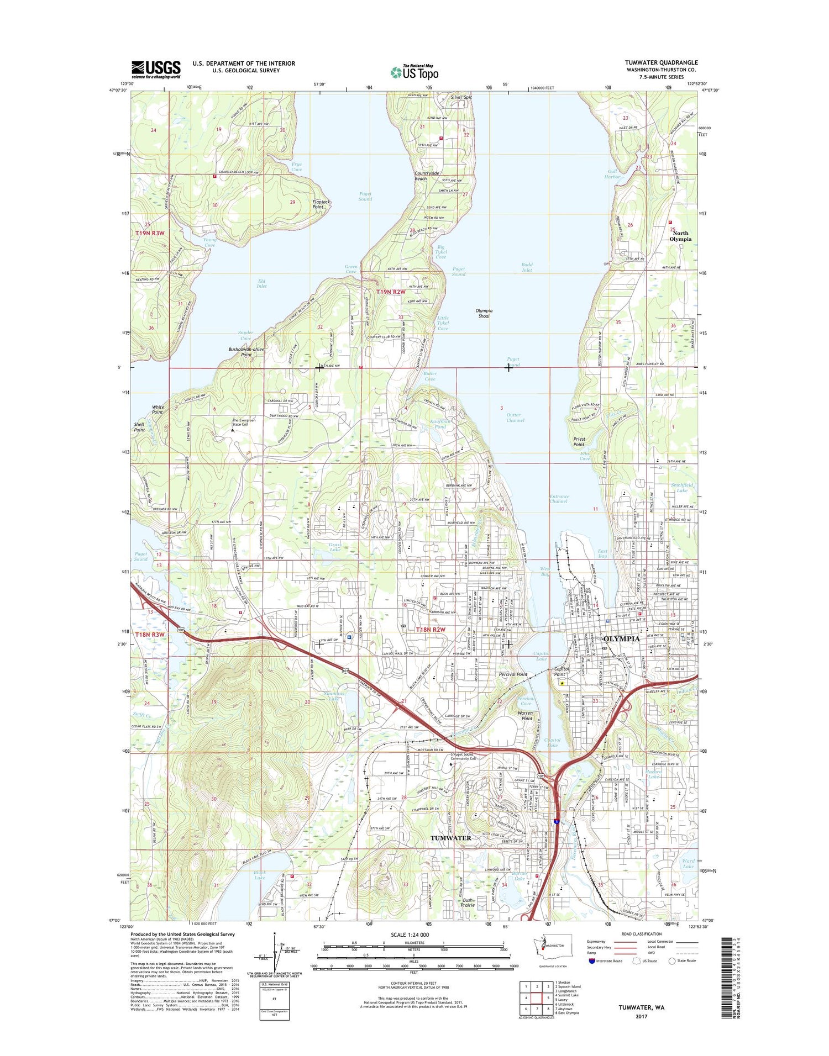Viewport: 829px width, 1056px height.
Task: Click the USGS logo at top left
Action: click(x=156, y=70)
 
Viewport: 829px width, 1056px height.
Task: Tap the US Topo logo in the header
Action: click(x=414, y=72)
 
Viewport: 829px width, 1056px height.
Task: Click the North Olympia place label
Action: click(x=680, y=236)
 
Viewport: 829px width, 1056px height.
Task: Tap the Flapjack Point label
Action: click(x=321, y=204)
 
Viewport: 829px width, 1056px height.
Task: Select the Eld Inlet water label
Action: click(x=261, y=283)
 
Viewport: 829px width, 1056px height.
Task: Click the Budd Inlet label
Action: click(x=527, y=267)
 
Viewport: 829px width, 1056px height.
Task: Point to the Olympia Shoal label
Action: click(x=484, y=313)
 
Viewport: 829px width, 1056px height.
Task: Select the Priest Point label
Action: click(x=579, y=442)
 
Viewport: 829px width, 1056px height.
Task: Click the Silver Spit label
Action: click(x=461, y=97)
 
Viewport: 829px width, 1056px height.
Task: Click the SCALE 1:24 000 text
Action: click(x=410, y=934)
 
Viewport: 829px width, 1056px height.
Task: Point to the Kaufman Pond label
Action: click(x=440, y=424)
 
